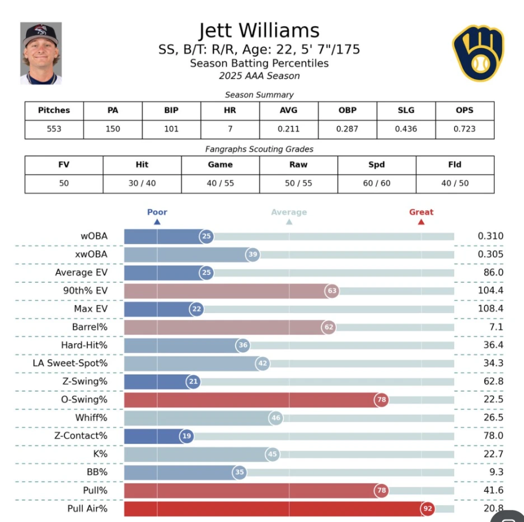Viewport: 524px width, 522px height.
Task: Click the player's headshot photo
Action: pyautogui.click(x=41, y=53)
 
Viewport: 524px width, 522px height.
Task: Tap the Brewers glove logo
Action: pyautogui.click(x=478, y=53)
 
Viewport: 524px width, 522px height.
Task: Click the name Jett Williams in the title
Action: pyautogui.click(x=259, y=30)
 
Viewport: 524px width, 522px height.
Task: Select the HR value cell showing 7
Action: pyautogui.click(x=230, y=129)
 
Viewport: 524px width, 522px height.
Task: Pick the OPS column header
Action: pyautogui.click(x=465, y=110)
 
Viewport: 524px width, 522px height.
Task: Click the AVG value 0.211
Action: pyautogui.click(x=289, y=129)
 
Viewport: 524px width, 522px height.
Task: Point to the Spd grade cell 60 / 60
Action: pyautogui.click(x=376, y=183)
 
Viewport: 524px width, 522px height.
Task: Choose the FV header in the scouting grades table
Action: pyautogui.click(x=64, y=165)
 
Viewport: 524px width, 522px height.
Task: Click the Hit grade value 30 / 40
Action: pyautogui.click(x=142, y=183)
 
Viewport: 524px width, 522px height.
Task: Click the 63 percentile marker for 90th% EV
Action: pyautogui.click(x=332, y=291)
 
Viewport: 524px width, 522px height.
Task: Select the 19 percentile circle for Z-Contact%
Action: pyautogui.click(x=187, y=436)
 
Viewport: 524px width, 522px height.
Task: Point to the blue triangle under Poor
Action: pyautogui.click(x=157, y=222)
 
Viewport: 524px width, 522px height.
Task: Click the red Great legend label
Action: pyautogui.click(x=421, y=212)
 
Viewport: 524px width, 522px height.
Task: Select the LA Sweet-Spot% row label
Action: pyautogui.click(x=70, y=363)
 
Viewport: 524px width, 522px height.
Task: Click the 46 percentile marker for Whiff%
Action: pyautogui.click(x=275, y=418)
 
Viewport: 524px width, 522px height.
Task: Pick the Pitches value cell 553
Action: pyautogui.click(x=54, y=129)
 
